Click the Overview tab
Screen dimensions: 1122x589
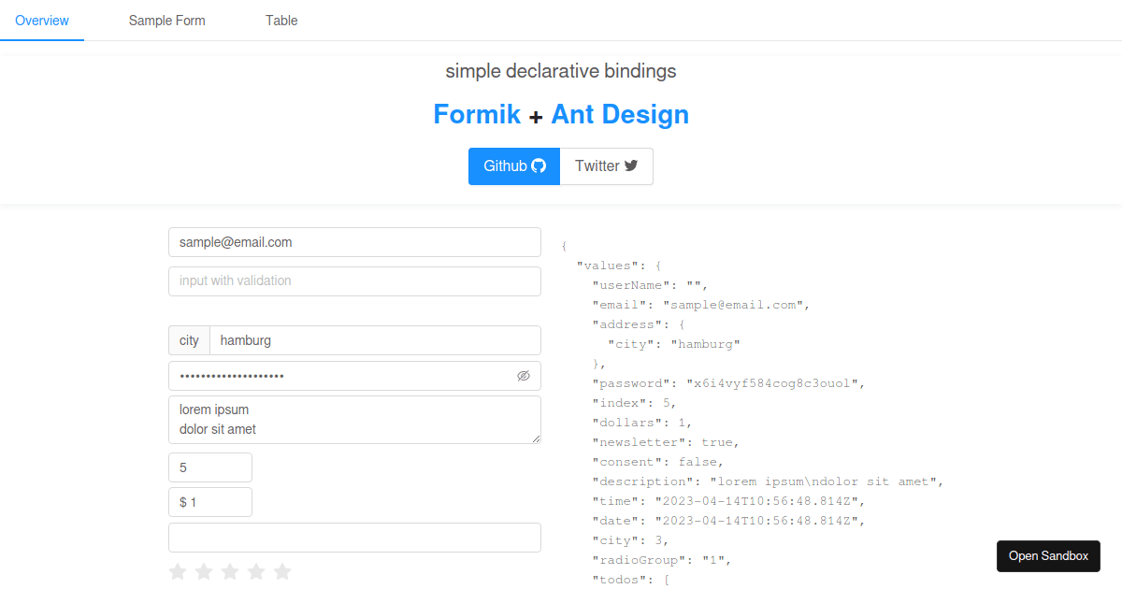click(41, 21)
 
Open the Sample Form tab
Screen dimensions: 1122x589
click(166, 21)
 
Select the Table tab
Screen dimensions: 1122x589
click(281, 21)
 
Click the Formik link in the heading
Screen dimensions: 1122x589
click(477, 114)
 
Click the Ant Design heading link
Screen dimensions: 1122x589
click(620, 114)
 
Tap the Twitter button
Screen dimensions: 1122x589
click(607, 166)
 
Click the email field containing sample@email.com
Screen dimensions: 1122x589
click(354, 242)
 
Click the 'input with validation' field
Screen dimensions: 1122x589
click(354, 281)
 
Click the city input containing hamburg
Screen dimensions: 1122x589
click(375, 340)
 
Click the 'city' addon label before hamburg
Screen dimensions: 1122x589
click(189, 340)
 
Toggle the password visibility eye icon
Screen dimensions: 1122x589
click(524, 376)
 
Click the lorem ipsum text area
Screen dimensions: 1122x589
click(354, 420)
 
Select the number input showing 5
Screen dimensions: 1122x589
click(210, 467)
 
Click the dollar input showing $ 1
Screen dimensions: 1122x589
click(210, 502)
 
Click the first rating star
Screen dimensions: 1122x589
click(178, 571)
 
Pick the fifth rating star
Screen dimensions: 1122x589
click(282, 571)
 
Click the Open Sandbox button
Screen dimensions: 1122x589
click(1048, 556)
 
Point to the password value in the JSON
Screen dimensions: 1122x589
click(775, 383)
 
